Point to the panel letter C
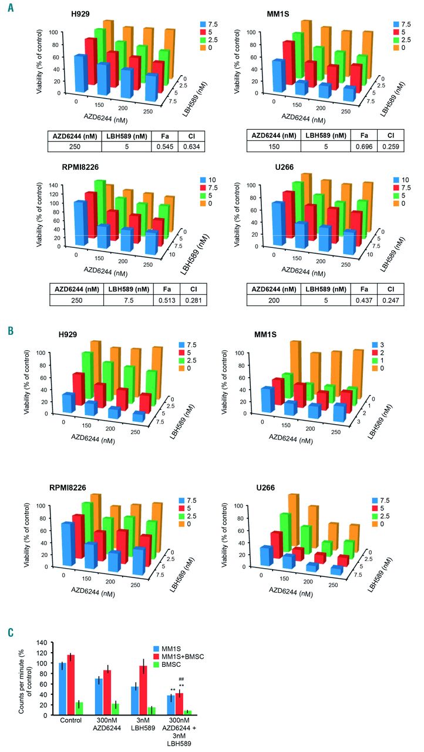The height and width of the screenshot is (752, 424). (10, 633)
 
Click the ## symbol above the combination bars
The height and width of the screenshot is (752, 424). (181, 680)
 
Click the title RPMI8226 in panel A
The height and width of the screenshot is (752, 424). (73, 167)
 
